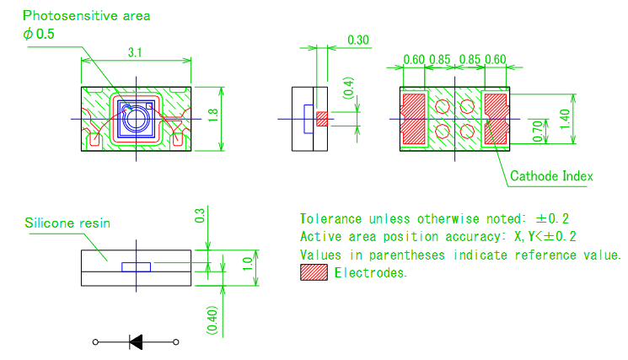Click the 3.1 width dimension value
134,52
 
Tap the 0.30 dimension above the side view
358,39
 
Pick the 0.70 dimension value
535,130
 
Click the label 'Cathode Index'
551,176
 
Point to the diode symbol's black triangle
136,341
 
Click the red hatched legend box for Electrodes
313,273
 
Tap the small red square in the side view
321,119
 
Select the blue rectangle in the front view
137,266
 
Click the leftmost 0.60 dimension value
413,60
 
